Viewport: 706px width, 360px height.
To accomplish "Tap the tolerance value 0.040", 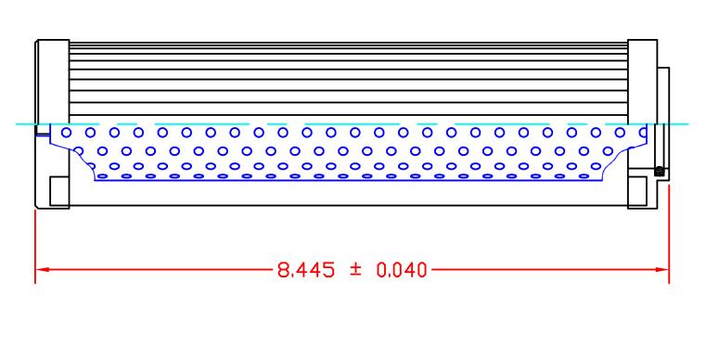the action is click(x=400, y=271).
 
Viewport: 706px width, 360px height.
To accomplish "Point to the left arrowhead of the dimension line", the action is click(x=41, y=271).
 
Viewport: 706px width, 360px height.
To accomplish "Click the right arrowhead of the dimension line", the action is click(x=663, y=271).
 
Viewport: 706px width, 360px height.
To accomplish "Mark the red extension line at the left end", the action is click(x=35, y=246).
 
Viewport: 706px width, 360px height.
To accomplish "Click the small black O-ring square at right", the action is click(x=658, y=171).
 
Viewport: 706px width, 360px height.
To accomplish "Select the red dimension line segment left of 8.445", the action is click(x=158, y=271).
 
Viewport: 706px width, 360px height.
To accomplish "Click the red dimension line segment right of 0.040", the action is click(x=547, y=271).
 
